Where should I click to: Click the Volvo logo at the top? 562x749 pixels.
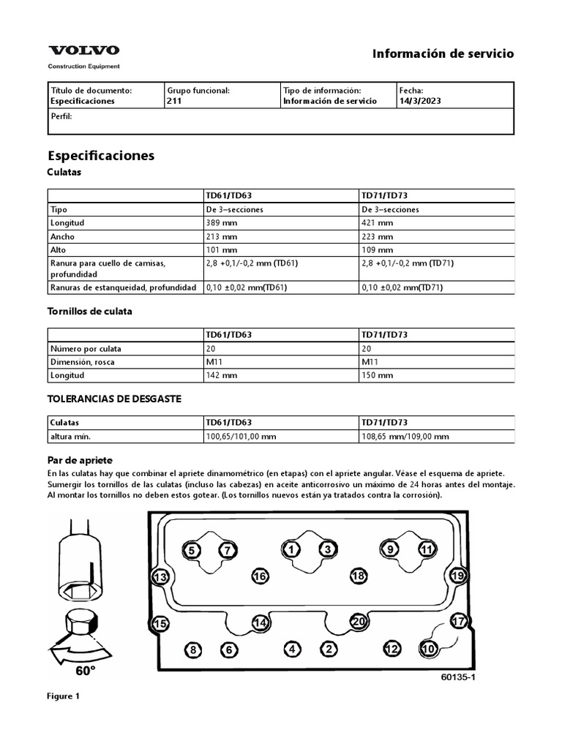[x=83, y=50]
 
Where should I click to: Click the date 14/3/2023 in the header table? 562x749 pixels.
[x=420, y=101]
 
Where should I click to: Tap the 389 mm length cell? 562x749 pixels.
[x=223, y=223]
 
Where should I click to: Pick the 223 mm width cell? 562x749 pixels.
[x=378, y=237]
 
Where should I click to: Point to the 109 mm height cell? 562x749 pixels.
[x=378, y=250]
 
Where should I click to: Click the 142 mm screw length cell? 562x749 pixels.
[x=223, y=375]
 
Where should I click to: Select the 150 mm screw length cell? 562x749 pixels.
[x=378, y=375]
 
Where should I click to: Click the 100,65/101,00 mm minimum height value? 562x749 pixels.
[x=241, y=437]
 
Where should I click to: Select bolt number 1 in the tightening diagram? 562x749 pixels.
[x=291, y=549]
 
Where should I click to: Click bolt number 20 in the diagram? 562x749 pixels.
[x=358, y=621]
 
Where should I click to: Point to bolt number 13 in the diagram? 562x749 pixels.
[x=160, y=577]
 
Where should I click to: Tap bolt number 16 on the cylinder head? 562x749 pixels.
[x=260, y=577]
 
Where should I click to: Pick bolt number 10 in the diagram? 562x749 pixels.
[x=428, y=648]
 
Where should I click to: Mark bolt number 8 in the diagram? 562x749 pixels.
[x=192, y=650]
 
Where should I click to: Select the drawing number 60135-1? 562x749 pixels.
[x=458, y=677]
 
